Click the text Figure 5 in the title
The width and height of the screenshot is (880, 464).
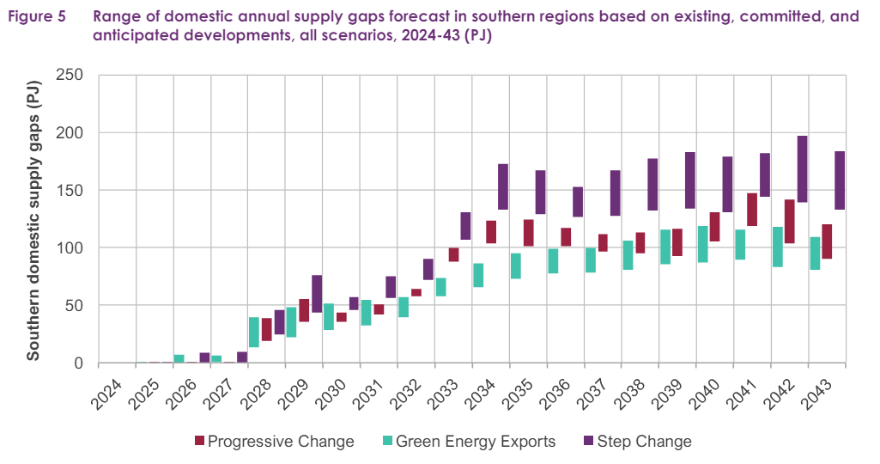(37, 16)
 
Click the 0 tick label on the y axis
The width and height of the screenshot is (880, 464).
(77, 363)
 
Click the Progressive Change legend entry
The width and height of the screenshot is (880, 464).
(275, 442)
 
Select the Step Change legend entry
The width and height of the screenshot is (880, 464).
(637, 442)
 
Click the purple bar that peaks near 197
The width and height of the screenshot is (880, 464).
(802, 168)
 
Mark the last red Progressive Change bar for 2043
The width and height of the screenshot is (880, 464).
(827, 241)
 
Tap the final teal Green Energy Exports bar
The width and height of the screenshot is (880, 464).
(815, 253)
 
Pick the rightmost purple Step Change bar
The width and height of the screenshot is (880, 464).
(840, 180)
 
